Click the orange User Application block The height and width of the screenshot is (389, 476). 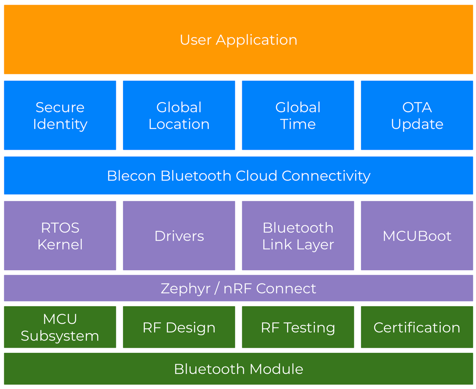click(238, 39)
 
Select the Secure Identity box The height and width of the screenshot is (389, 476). click(60, 115)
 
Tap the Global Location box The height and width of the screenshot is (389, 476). click(179, 115)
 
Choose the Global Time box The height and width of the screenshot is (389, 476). click(298, 115)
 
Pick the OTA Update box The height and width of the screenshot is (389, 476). click(417, 115)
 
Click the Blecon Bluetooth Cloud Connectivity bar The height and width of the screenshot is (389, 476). click(238, 176)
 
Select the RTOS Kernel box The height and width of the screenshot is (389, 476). click(60, 236)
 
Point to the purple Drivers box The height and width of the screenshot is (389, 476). click(179, 236)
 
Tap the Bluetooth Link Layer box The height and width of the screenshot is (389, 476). click(298, 236)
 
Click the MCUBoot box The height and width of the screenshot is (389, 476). click(417, 236)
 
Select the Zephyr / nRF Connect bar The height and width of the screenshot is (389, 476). click(238, 288)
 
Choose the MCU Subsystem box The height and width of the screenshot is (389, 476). click(60, 327)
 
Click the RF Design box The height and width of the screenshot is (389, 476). click(179, 327)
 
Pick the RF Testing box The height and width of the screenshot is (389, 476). click(298, 327)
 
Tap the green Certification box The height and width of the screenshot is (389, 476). click(417, 327)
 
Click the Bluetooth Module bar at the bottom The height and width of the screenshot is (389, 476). click(238, 369)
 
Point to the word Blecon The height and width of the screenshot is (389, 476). click(131, 176)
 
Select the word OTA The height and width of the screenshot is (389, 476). click(417, 107)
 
